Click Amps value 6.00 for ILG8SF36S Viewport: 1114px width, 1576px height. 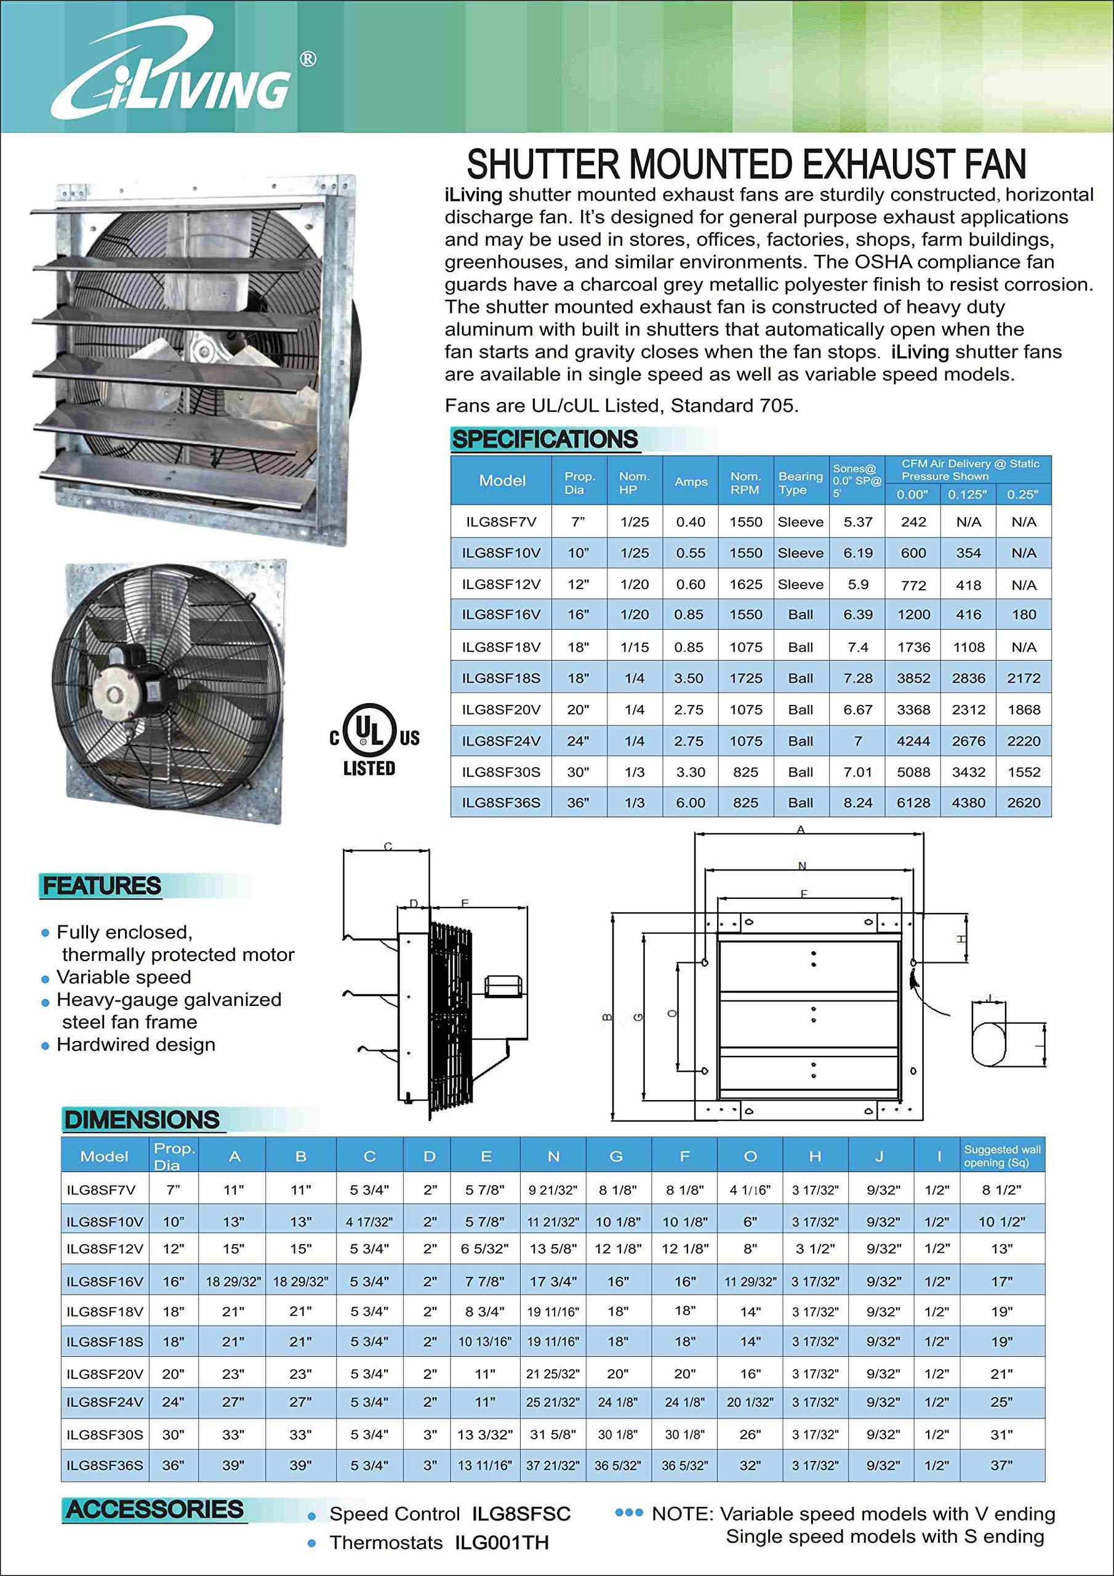pyautogui.click(x=690, y=802)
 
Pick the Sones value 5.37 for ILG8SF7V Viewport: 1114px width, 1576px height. pyautogui.click(x=857, y=521)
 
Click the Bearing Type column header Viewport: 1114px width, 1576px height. pyautogui.click(x=800, y=483)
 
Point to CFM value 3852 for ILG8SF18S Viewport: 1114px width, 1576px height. pyautogui.click(x=913, y=678)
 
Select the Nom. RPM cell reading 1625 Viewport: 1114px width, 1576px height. pyautogui.click(x=745, y=584)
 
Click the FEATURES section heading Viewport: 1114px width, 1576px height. pyautogui.click(x=102, y=886)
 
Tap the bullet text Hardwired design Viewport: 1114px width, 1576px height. pyautogui.click(x=136, y=1045)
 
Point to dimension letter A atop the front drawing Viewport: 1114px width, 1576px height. pyautogui.click(x=800, y=830)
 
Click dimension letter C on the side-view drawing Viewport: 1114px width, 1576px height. pyautogui.click(x=388, y=846)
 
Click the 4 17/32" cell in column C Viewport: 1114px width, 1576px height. pyautogui.click(x=369, y=1222)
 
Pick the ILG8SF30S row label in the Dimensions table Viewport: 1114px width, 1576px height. pyautogui.click(x=105, y=1434)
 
